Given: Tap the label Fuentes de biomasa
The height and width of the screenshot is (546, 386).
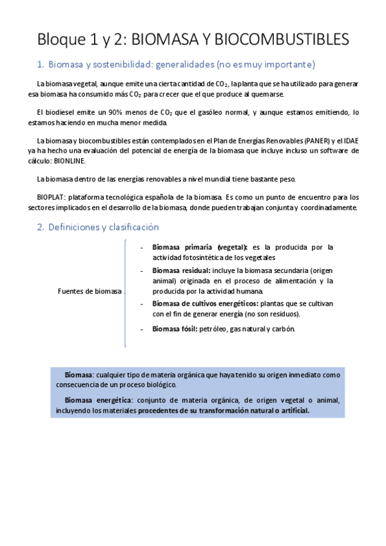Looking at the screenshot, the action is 90,291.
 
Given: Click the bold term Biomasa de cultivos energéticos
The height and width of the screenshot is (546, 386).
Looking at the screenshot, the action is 205,303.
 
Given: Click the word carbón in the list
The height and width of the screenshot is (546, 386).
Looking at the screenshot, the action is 283,329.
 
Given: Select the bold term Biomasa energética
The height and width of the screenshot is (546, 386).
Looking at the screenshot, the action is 95,400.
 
